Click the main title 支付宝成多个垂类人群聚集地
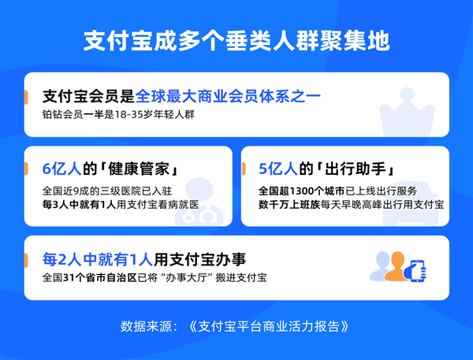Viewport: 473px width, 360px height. [236, 41]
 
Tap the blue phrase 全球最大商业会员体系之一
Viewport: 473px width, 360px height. [229, 97]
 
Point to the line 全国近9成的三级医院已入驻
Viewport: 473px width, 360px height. [107, 191]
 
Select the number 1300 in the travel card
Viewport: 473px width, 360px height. [310, 191]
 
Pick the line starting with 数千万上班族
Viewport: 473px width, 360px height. [351, 204]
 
